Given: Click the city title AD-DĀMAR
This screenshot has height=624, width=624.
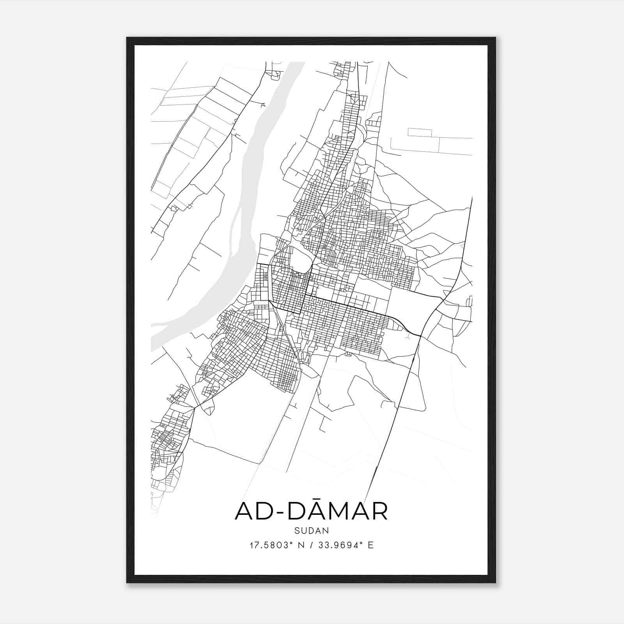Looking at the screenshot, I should pos(311,511).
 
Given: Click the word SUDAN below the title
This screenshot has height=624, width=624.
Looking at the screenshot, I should pos(311,531).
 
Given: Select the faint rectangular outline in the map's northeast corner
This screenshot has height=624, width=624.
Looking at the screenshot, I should pos(420,132).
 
